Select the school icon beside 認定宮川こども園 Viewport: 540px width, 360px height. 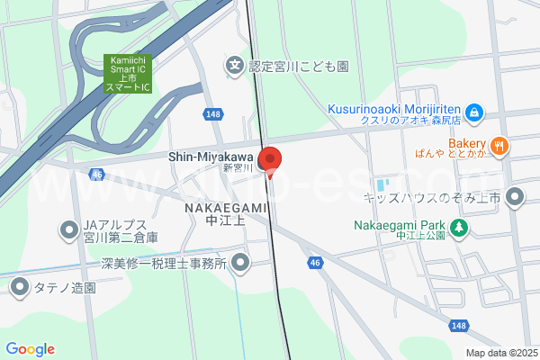(x=235, y=65)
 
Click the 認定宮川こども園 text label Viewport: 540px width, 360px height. (x=298, y=66)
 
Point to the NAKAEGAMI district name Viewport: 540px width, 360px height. (x=226, y=207)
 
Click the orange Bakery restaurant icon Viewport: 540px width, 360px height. (x=500, y=144)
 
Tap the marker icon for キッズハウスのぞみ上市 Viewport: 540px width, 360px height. (x=516, y=196)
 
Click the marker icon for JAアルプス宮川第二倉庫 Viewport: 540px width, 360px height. (x=69, y=230)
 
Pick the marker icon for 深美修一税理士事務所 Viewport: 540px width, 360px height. (x=240, y=263)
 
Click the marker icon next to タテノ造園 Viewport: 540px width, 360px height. (x=20, y=287)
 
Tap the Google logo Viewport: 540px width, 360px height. (x=30, y=349)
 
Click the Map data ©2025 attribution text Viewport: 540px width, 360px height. (x=499, y=353)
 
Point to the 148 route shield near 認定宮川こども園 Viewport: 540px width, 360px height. (x=212, y=113)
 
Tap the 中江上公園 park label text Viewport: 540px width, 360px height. (x=420, y=237)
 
